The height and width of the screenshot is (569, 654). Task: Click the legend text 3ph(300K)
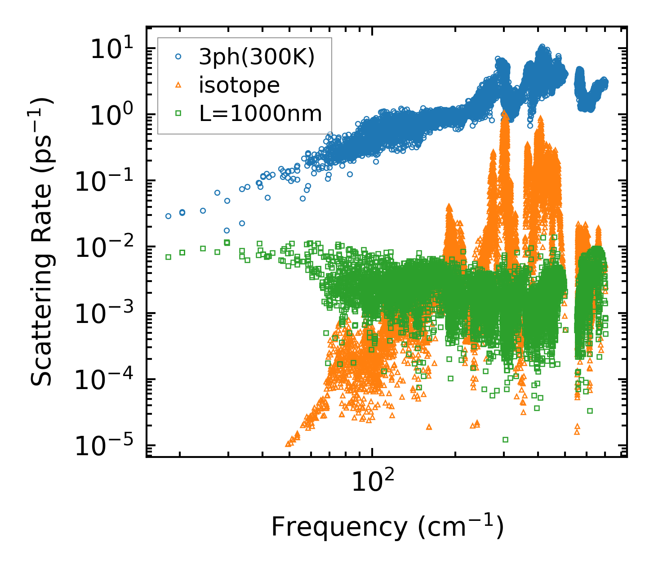(x=257, y=58)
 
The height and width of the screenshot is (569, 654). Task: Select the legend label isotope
(x=239, y=85)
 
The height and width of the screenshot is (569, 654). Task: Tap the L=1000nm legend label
(x=261, y=114)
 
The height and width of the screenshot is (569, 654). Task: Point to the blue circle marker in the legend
(x=178, y=57)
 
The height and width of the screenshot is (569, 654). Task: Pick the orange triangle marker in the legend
(x=178, y=85)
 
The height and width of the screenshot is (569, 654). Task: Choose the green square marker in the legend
(x=178, y=113)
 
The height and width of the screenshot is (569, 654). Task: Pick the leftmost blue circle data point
(x=169, y=216)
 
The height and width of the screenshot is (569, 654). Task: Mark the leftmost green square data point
(x=169, y=257)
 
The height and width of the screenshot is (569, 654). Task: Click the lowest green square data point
(x=505, y=439)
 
